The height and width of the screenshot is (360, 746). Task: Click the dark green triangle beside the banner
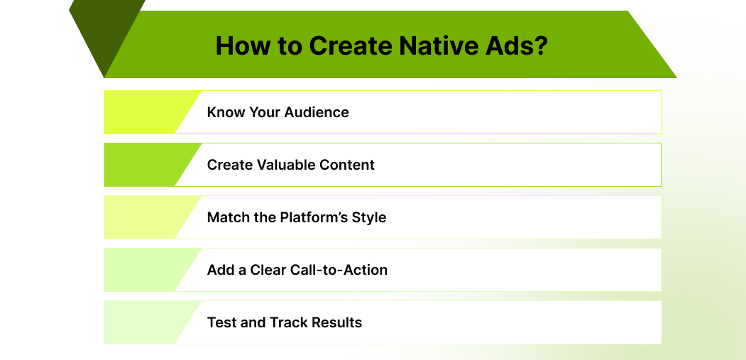pos(99,32)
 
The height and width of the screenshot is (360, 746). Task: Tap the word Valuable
pos(293,165)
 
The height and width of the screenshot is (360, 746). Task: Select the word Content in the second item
pos(348,165)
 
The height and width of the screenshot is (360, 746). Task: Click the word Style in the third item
pos(369,217)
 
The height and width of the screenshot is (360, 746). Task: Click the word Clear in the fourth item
pos(268,270)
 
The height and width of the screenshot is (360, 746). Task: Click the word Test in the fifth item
pos(221,322)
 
